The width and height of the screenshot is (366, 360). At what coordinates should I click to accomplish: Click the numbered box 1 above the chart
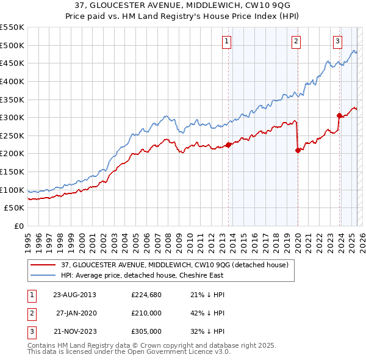(226, 41)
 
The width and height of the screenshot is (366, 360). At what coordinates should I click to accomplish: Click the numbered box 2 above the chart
(296, 41)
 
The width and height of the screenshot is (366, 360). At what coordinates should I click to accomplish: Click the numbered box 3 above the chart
(337, 41)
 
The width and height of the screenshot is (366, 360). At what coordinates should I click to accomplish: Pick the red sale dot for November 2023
(339, 115)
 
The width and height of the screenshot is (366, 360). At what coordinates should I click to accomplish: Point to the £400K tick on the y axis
(12, 81)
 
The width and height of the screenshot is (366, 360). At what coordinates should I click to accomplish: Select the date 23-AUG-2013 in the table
(75, 295)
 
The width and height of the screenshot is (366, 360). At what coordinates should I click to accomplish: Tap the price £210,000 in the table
(146, 314)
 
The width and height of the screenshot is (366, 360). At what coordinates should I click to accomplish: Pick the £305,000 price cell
(146, 332)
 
